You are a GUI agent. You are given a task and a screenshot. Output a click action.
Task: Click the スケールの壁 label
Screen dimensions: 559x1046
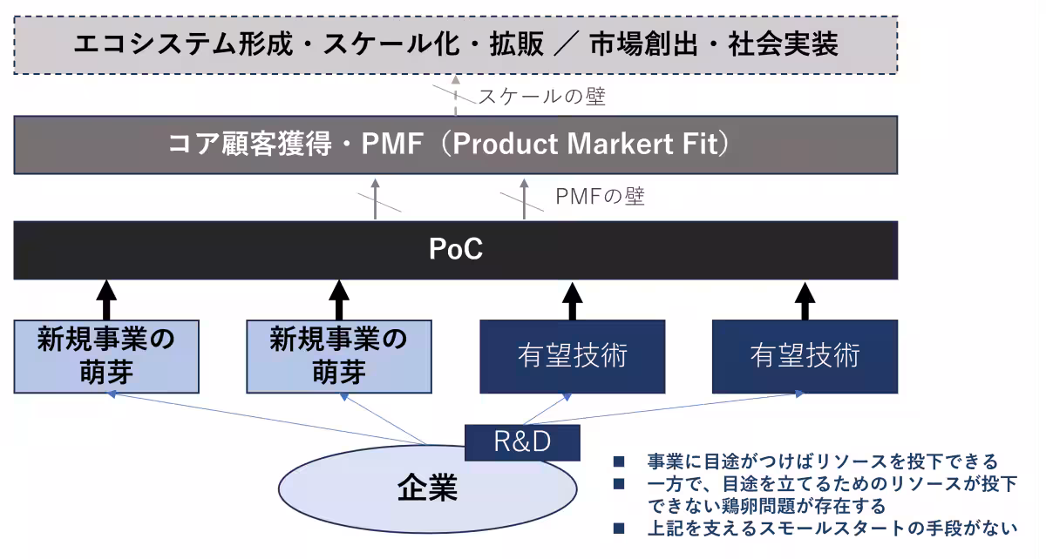point(541,98)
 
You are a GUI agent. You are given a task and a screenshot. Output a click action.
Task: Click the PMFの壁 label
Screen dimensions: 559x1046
point(600,199)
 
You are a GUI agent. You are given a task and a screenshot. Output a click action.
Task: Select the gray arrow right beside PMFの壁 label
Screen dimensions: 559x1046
point(524,199)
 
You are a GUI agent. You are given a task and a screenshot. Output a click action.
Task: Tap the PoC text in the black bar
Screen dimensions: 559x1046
point(456,250)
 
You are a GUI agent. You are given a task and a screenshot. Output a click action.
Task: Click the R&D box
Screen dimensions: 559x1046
point(522,442)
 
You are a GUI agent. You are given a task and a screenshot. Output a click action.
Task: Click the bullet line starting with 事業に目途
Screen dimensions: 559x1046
point(820,461)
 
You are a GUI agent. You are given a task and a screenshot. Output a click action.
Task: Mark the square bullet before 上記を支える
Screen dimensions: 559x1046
point(619,529)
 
